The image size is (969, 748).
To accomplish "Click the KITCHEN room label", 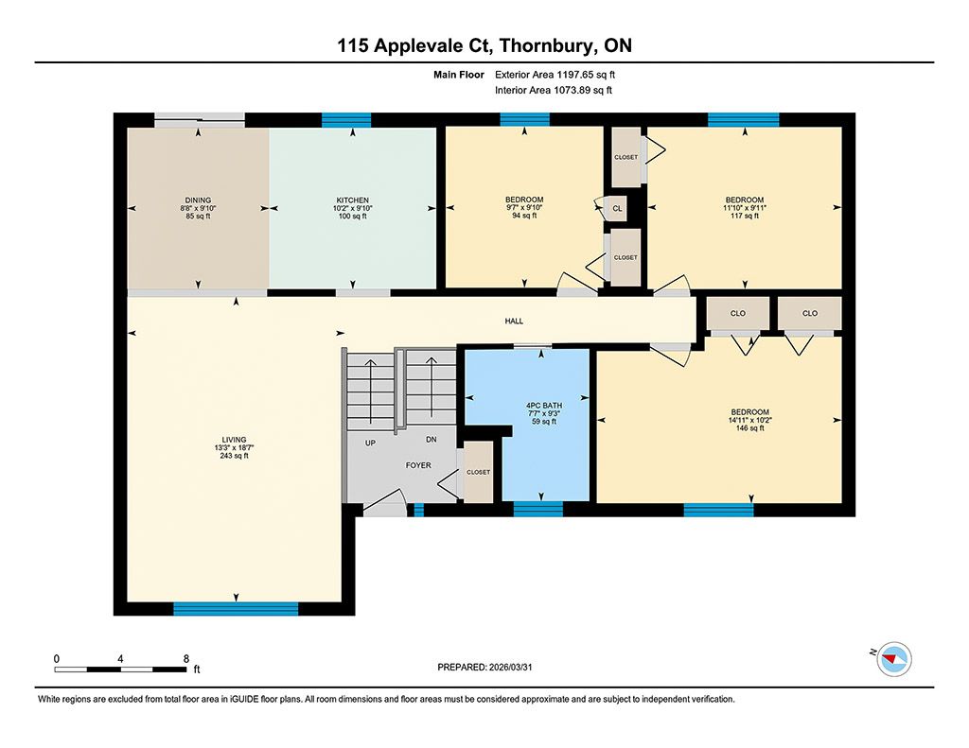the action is pos(352,200).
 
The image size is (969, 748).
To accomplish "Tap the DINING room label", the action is pos(198,200).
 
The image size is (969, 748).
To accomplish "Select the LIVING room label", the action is pos(235,440).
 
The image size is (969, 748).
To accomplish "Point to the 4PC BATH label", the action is pos(544,406).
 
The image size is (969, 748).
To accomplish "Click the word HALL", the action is pos(514,322).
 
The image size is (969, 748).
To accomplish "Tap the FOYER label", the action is pos(418,465).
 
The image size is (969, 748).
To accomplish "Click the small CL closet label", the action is pos(617,209).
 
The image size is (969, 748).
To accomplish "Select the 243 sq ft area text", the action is pos(235,456).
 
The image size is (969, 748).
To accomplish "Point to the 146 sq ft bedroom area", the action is pos(750,427).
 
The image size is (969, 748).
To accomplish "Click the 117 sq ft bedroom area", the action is pos(745,216).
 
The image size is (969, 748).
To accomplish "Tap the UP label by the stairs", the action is pos(370,443).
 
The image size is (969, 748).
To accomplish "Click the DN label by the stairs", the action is pos(432,440).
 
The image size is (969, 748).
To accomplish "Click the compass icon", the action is pos(894,659).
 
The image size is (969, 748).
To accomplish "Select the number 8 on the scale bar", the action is pos(186,659).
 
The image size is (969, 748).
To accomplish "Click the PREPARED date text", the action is pos(484,667).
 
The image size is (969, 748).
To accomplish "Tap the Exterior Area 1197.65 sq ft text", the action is pos(555,75).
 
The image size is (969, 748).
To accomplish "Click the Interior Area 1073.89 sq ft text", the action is pos(554,90).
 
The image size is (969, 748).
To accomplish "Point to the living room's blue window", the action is pos(236,609).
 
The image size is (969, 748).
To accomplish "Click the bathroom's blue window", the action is pos(538,509).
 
